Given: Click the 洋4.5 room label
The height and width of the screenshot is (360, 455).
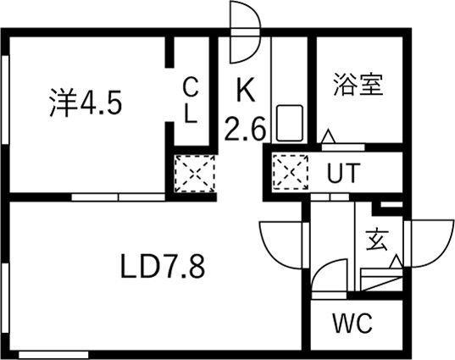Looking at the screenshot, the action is point(86,102).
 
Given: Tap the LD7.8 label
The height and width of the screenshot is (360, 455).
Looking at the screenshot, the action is point(163,266).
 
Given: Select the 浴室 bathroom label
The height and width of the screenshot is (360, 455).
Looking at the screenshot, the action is point(358,85).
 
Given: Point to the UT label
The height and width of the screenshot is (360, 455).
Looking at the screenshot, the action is point(343,173).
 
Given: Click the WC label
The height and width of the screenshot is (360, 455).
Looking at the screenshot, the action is point(352,324).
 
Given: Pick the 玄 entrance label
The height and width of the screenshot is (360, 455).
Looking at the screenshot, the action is point(377,241).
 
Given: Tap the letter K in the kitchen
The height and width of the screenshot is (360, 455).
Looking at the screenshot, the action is point(246,89).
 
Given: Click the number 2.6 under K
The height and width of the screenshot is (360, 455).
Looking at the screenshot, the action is point(246,128).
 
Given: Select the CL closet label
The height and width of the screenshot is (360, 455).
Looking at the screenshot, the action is point(191,100).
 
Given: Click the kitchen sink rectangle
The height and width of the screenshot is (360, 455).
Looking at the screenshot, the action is point(290,124).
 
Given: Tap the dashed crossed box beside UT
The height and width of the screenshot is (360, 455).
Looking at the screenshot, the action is point(291,172).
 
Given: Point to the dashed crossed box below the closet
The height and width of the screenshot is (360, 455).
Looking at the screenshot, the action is point(195,174).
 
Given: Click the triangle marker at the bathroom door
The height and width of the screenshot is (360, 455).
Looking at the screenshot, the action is point(329,136).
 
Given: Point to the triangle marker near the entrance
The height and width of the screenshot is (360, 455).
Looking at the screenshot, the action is point(396,262).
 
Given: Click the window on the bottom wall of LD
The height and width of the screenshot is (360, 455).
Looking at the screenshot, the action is point(53,354).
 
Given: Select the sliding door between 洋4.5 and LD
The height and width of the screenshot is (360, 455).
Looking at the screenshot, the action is point(118,197).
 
